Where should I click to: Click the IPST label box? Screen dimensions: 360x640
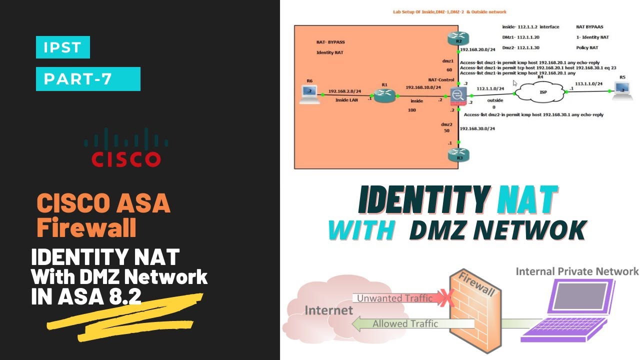pos(62,47)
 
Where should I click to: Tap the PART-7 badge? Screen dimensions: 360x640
pos(88,79)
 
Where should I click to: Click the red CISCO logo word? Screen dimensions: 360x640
pos(126,159)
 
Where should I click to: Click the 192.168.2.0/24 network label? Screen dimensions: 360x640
pos(344,92)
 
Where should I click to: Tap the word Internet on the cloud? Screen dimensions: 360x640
pos(328,310)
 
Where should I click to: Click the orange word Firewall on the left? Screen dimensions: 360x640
pos(86,227)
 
